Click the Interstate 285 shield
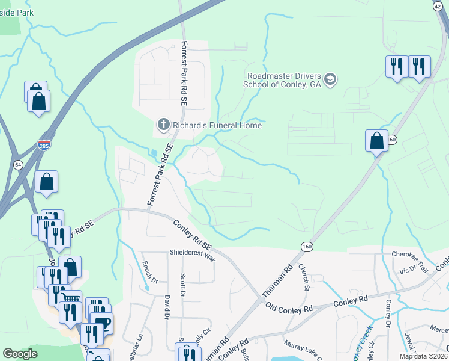pos(44,145)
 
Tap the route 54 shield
pos(19,164)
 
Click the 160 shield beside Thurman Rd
pos(307,247)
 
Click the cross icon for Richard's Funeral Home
pos(163,125)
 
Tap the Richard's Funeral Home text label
pos(217,125)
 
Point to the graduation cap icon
pos(330,79)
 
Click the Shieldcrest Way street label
pos(192,255)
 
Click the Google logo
pos(20,354)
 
